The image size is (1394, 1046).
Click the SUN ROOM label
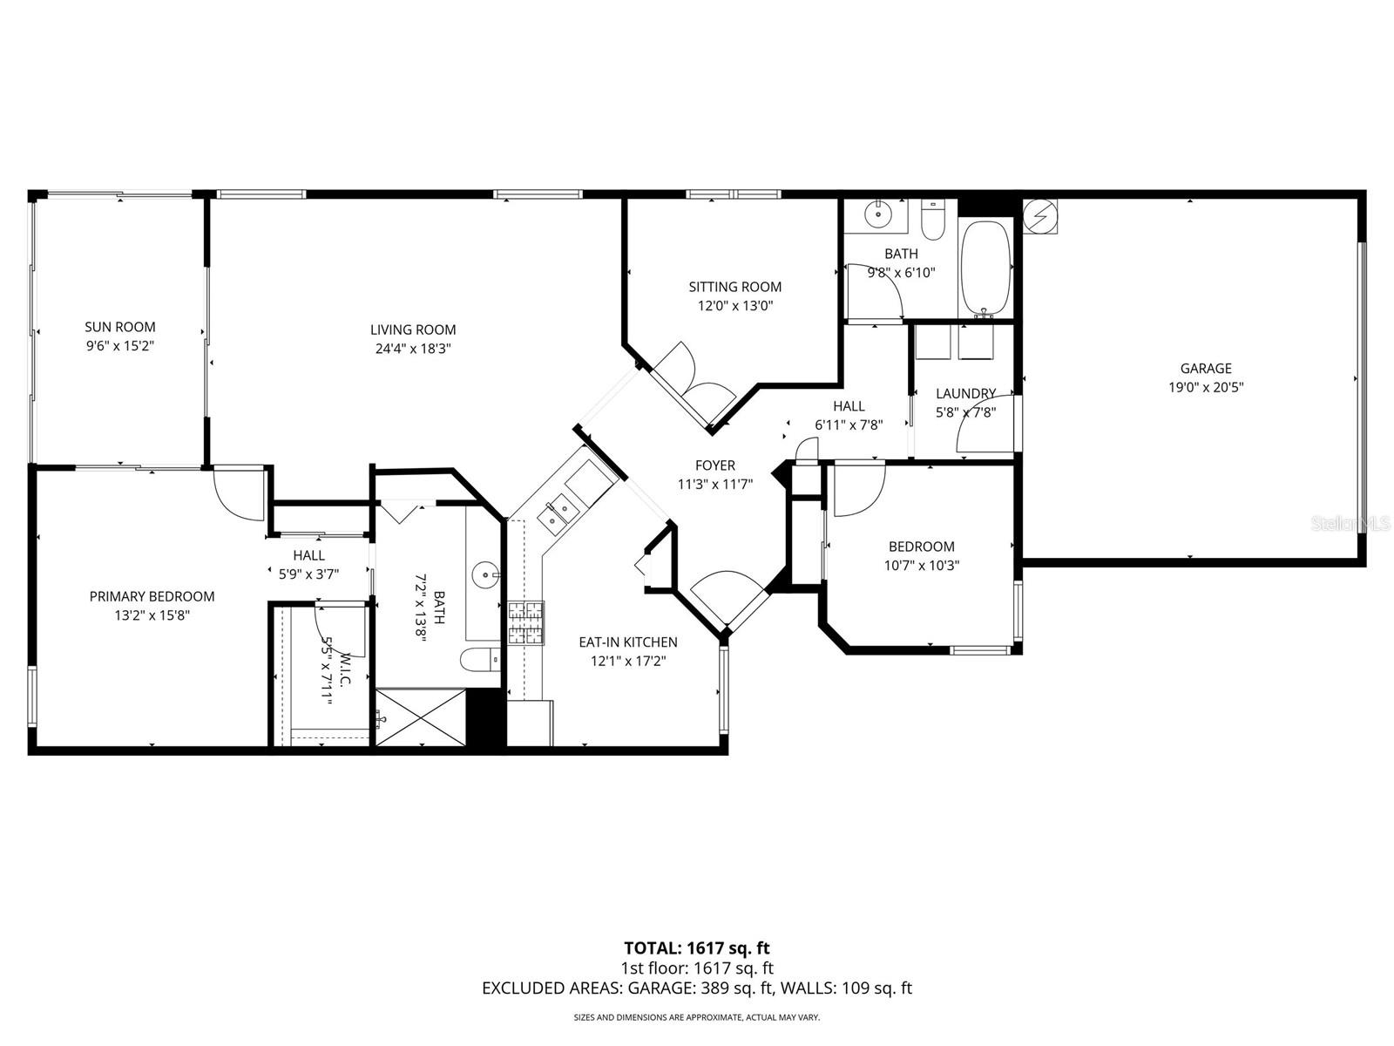pos(120,327)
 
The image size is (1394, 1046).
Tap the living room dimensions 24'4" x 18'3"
pos(413,349)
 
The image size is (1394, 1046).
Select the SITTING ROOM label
pos(734,287)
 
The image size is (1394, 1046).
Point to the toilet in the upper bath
pos(932,221)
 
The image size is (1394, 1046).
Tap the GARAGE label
pos(1206,369)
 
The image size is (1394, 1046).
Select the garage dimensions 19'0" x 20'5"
pos(1206,388)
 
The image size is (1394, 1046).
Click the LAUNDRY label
pos(965,394)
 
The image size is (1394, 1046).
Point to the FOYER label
pos(714,465)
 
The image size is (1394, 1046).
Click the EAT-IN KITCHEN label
pos(627,642)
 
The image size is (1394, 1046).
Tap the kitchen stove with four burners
pos(525,623)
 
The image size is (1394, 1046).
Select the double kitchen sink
pos(556,513)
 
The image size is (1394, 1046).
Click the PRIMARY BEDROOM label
pos(152,596)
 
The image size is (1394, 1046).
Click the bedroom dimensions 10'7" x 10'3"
pos(921,565)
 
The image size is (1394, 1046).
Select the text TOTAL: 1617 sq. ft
pos(696,948)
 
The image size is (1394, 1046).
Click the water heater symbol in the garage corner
pos(1039,215)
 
